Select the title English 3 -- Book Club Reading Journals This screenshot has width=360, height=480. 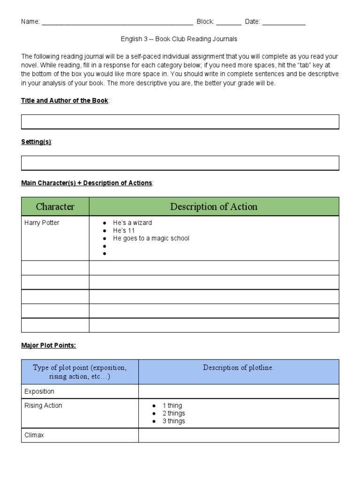coord(179,39)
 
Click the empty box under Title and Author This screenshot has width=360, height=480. coord(180,122)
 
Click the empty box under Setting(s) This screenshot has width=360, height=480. coord(180,163)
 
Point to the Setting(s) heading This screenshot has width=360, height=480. coord(37,142)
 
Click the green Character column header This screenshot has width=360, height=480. coord(55,207)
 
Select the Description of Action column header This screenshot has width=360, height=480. coord(214,207)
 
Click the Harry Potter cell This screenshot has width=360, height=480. coord(42,223)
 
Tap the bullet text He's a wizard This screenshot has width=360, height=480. coord(133,223)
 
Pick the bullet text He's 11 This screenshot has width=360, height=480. coord(124,231)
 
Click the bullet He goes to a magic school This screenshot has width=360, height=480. coord(151,238)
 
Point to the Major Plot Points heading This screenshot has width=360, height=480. coord(48,345)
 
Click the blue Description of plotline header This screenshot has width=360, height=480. coord(238,368)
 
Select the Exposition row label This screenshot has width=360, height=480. coord(39,391)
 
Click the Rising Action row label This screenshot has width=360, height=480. coord(43,406)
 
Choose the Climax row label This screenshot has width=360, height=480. coord(34,435)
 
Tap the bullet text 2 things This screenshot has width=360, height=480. coord(173,413)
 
